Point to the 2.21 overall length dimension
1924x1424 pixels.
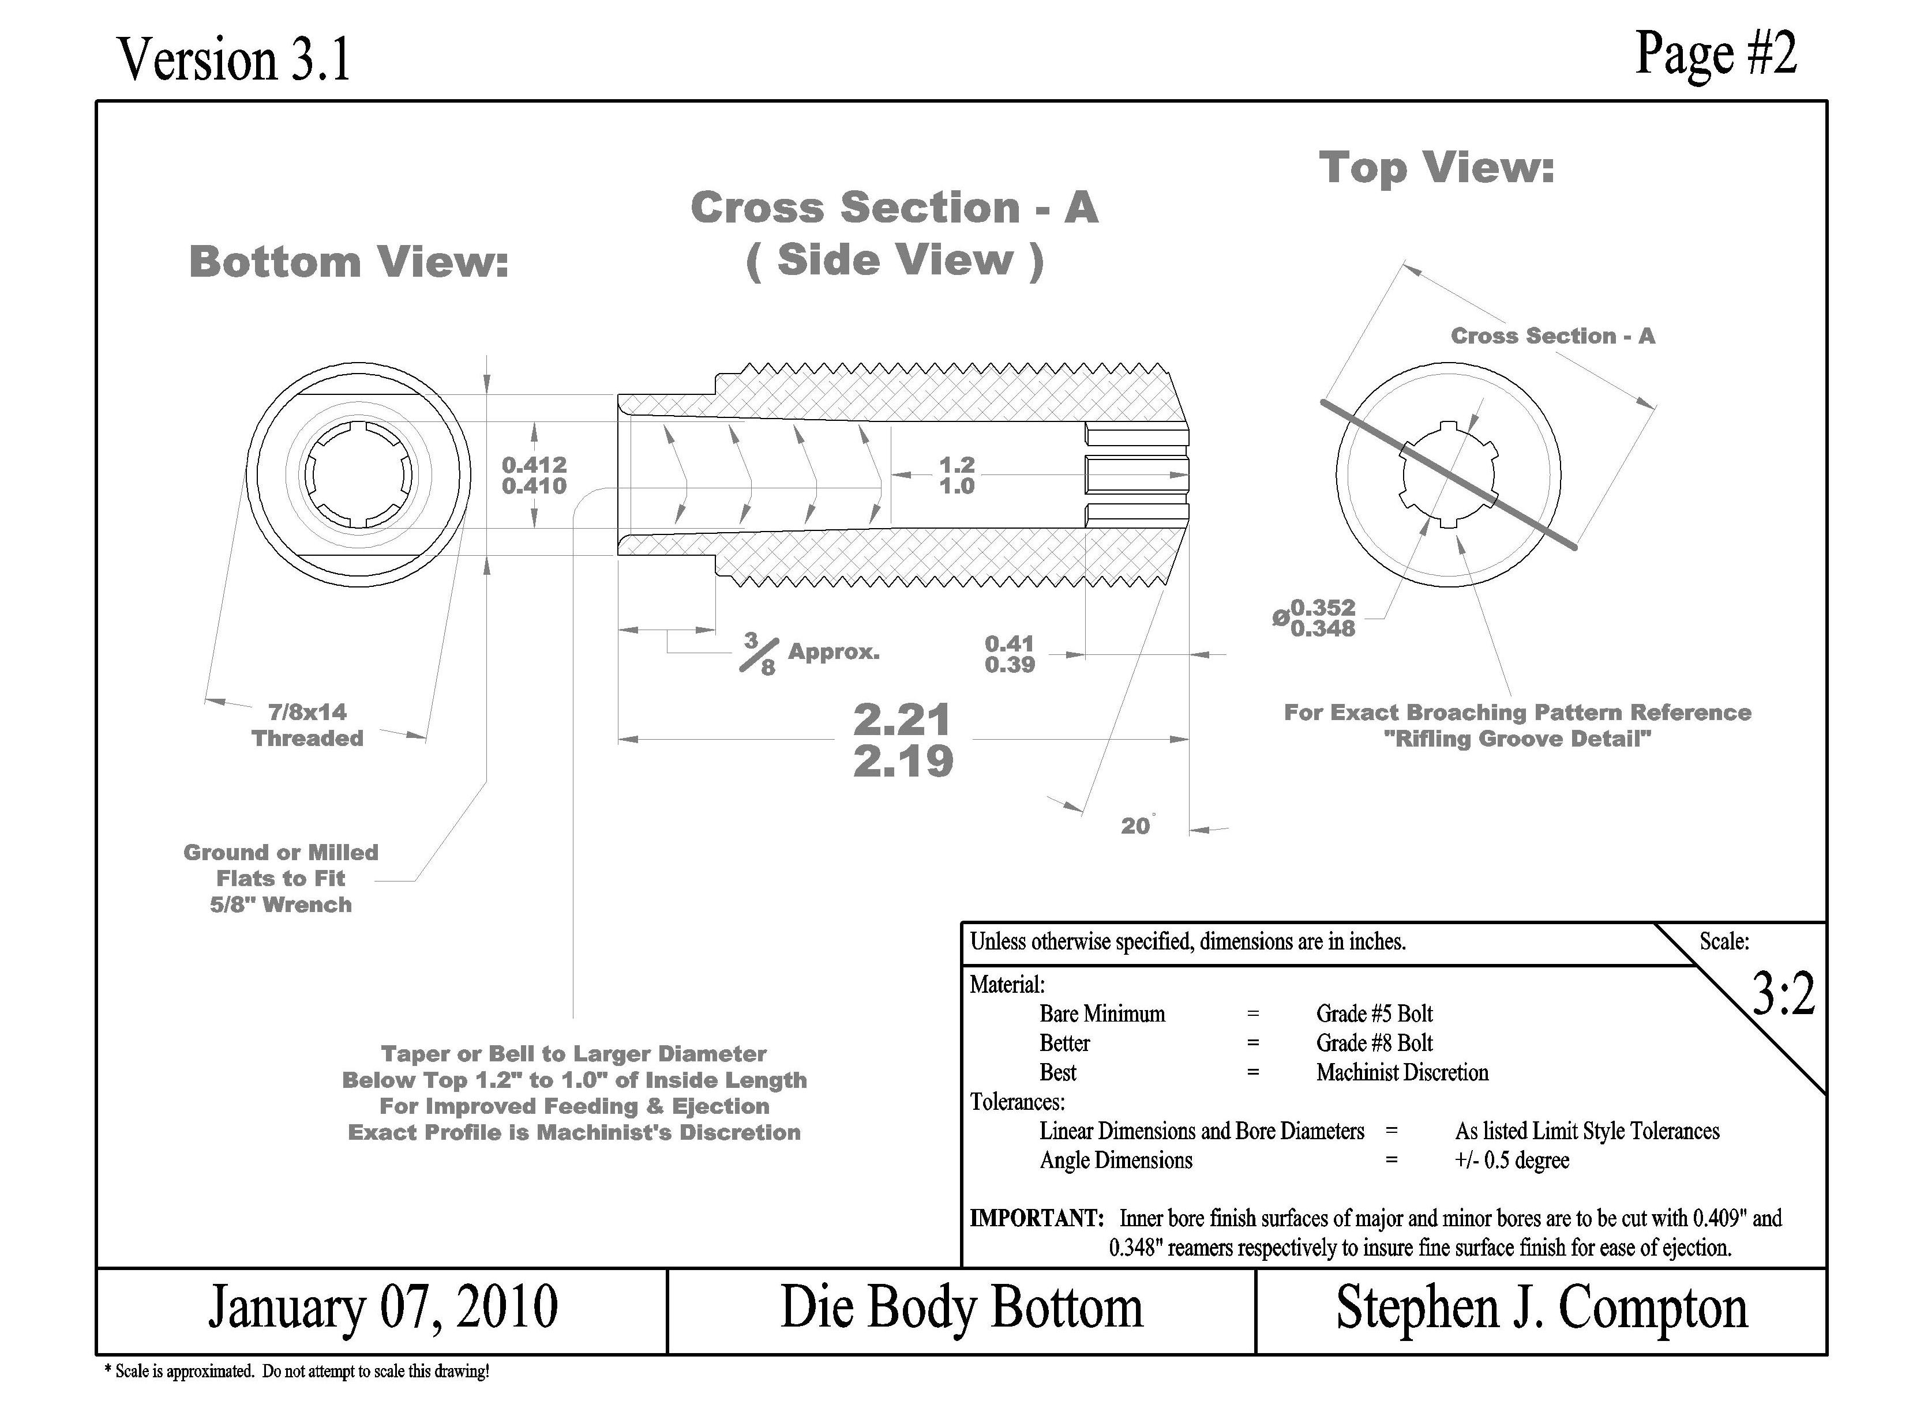903,719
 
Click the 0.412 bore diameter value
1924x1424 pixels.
534,465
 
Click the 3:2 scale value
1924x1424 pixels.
1783,994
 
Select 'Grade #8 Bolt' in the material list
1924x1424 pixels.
1374,1043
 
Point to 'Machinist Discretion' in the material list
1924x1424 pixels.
1402,1072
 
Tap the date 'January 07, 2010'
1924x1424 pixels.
383,1308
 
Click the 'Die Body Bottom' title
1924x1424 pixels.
962,1308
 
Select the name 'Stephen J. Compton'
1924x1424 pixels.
1542,1308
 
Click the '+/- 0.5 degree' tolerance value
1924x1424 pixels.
1512,1160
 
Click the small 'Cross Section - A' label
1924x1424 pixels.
1552,336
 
